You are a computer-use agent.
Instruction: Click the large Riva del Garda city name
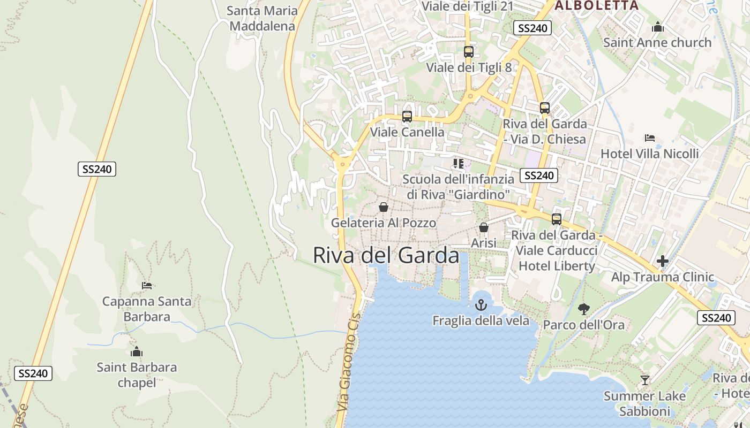click(386, 256)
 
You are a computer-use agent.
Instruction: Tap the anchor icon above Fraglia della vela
click(481, 305)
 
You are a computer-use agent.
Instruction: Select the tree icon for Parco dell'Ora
click(583, 309)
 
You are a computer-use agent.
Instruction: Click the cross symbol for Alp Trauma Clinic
click(663, 261)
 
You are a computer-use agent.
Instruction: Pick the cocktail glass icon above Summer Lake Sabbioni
click(644, 380)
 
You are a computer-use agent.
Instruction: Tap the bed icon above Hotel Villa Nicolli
click(650, 138)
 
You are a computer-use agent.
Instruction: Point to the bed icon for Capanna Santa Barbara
click(147, 285)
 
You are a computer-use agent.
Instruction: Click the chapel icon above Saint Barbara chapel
click(137, 351)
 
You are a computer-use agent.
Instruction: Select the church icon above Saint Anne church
click(657, 27)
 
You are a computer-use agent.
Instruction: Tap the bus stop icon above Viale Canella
click(407, 116)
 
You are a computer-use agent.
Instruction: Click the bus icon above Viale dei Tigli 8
click(469, 52)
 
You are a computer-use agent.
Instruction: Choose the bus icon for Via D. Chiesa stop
click(545, 108)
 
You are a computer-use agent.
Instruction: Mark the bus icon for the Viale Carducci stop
click(557, 219)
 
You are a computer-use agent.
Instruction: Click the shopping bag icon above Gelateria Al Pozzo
click(384, 207)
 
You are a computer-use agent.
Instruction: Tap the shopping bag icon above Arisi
click(484, 227)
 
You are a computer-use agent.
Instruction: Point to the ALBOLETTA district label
click(596, 6)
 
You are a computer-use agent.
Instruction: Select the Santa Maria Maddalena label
click(262, 18)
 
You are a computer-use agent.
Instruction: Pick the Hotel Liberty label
click(557, 266)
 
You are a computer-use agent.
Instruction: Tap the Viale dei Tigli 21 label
click(468, 6)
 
